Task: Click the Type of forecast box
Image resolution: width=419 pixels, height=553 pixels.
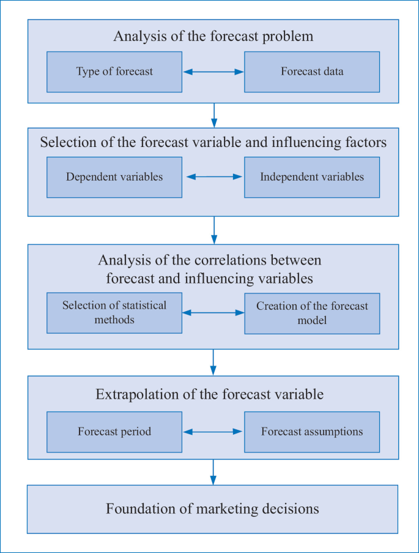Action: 114,72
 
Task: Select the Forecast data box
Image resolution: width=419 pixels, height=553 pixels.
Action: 312,72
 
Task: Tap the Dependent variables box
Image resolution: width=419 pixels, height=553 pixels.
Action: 114,177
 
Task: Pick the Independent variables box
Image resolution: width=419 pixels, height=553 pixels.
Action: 312,177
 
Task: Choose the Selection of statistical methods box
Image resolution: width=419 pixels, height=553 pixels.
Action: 114,312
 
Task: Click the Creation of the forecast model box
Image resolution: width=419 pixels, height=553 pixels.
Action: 312,312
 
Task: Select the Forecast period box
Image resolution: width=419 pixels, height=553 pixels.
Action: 114,432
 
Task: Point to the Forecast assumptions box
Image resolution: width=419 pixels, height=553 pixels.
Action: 312,432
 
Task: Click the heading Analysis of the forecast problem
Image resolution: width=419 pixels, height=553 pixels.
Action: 213,36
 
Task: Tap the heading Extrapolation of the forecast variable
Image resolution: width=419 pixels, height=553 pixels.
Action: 209,394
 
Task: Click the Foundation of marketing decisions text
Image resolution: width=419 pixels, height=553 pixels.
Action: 212,509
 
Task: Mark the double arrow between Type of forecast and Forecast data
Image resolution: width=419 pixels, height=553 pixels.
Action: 213,72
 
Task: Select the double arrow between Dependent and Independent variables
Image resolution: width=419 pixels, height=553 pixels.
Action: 213,177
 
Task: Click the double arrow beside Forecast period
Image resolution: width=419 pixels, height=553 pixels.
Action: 213,432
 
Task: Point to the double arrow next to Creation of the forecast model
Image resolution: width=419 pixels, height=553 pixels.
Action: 213,312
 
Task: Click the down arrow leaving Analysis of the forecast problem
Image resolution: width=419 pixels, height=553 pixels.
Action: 213,115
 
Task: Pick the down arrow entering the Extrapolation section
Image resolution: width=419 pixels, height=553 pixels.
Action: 213,362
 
